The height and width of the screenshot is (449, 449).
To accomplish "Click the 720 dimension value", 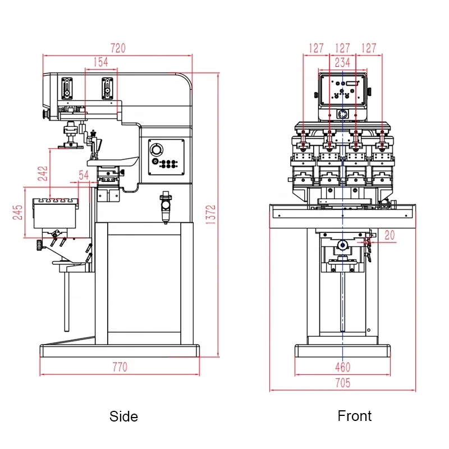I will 118,48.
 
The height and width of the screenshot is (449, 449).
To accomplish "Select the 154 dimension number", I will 101,62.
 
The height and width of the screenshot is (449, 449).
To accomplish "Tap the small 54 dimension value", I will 84,175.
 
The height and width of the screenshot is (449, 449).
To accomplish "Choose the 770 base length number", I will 120,367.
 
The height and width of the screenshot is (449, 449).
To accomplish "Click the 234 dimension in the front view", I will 342,62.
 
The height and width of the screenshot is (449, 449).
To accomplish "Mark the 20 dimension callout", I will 390,236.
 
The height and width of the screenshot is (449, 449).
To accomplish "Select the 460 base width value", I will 342,367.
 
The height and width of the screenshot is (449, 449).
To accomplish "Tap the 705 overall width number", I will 342,383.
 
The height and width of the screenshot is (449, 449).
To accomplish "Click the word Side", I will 123,416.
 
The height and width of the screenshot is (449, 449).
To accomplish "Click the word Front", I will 354,416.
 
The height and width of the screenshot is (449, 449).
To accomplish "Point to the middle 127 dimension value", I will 342,48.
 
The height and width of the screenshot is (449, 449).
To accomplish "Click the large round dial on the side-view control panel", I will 156,150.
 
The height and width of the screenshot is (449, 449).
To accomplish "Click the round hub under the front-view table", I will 342,245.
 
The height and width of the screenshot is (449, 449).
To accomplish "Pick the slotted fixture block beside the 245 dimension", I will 55,213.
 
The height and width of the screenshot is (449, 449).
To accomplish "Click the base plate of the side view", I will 120,351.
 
